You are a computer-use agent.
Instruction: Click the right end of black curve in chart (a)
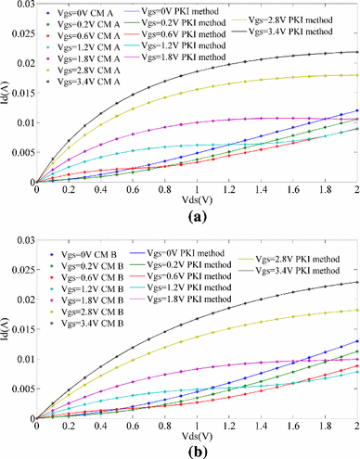pos(356,52)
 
